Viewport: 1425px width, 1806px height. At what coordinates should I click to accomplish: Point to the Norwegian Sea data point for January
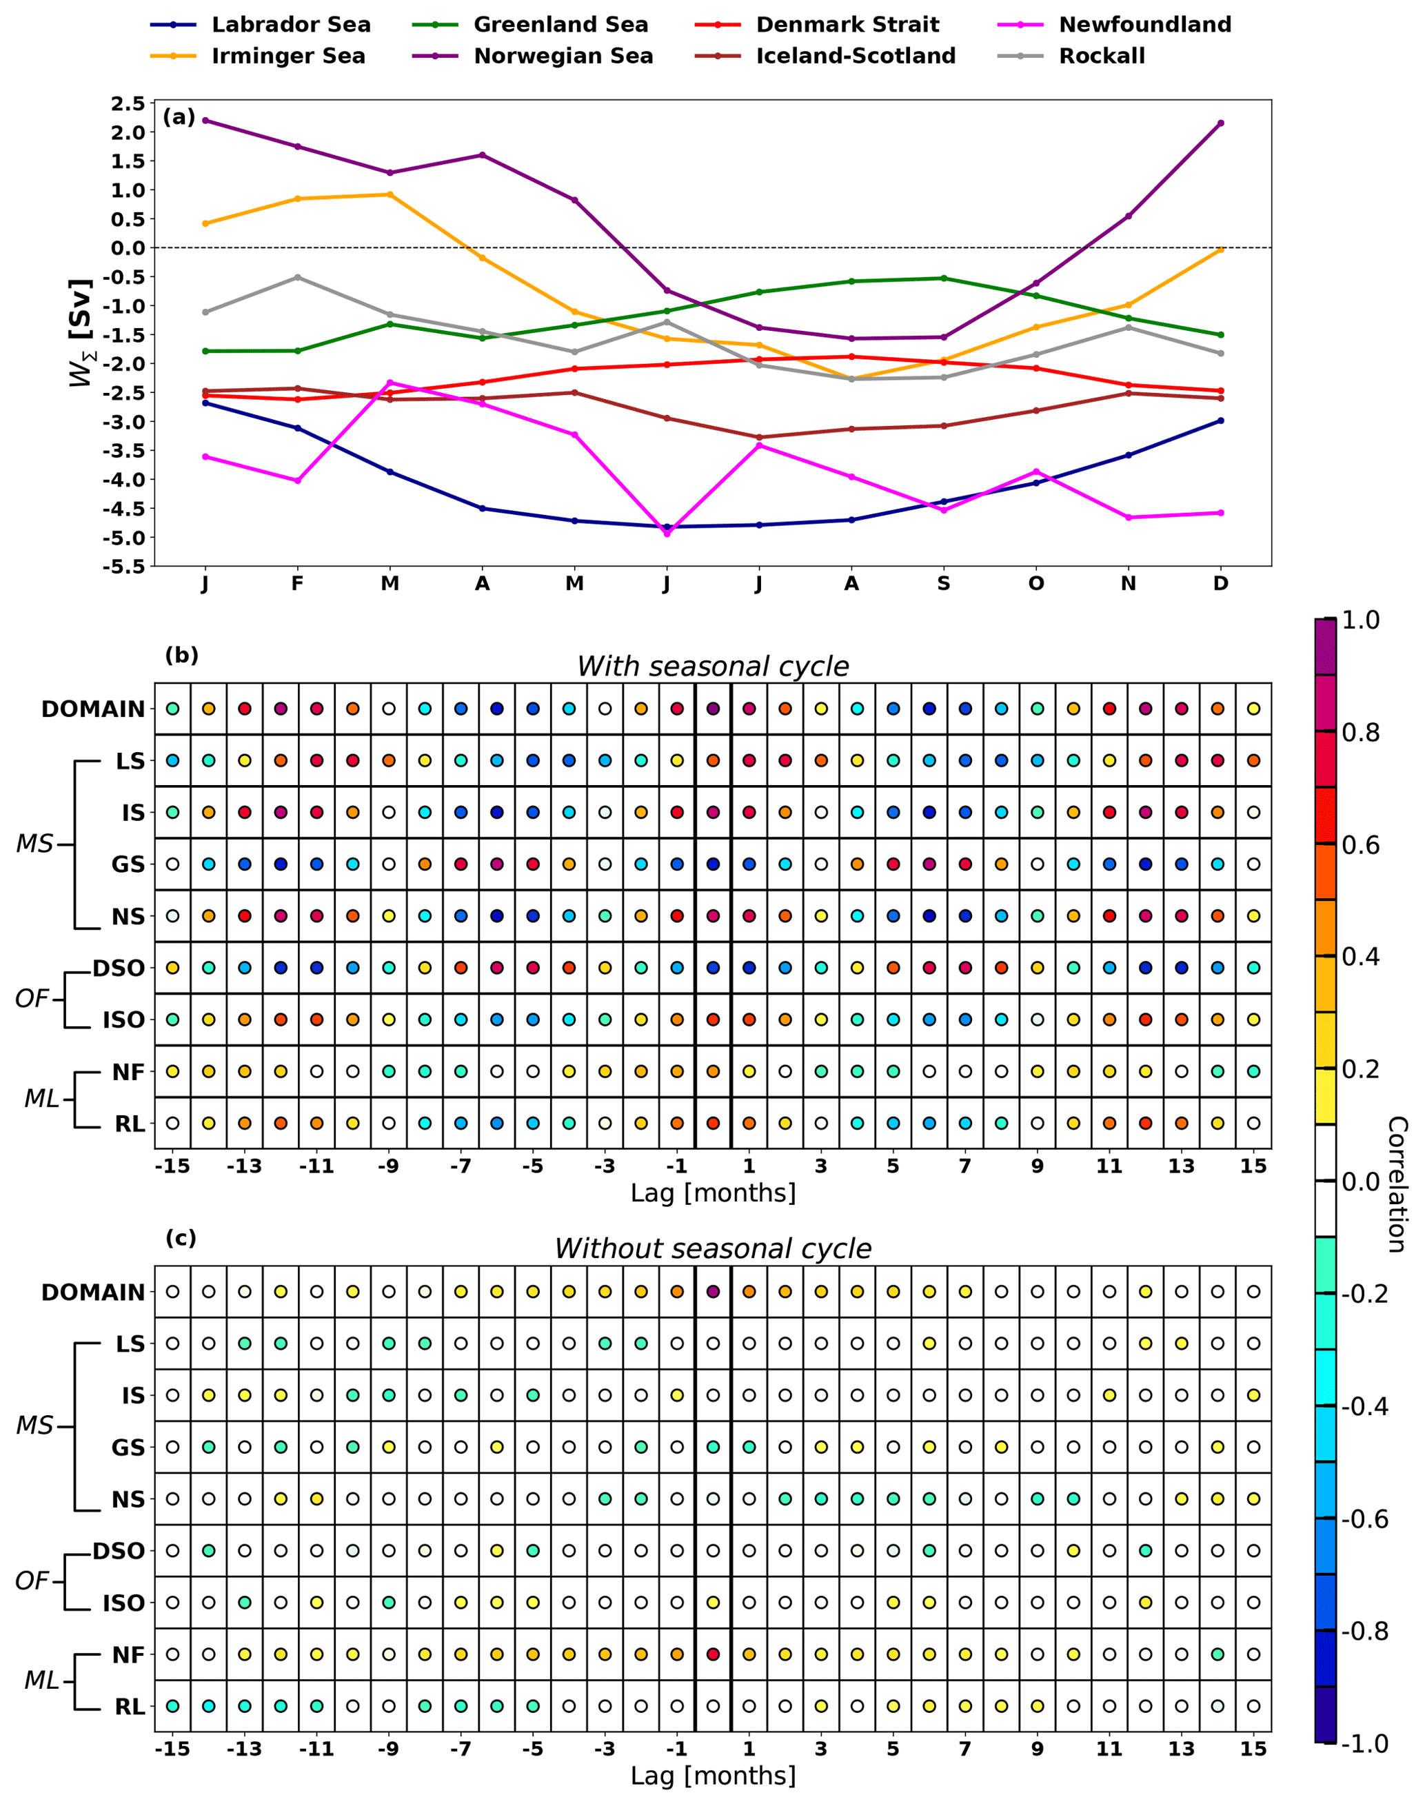tap(205, 120)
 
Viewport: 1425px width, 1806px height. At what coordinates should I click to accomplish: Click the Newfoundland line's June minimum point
tap(667, 533)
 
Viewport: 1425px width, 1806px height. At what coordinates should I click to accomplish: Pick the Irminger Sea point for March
tap(390, 194)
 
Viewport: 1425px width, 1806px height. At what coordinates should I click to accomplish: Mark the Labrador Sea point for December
tap(1221, 420)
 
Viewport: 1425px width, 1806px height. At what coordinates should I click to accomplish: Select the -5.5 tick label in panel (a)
tap(123, 567)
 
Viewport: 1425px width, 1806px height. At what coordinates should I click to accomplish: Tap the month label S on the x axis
tap(944, 584)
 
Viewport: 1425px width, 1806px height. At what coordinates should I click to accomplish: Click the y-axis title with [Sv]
tap(81, 334)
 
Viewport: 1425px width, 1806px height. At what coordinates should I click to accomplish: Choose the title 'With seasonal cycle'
tap(713, 667)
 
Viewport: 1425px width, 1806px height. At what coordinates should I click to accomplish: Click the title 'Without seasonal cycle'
tap(713, 1249)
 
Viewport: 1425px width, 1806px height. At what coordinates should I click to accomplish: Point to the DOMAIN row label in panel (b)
tap(94, 709)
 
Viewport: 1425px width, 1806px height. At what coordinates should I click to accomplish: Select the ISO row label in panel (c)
tap(123, 1603)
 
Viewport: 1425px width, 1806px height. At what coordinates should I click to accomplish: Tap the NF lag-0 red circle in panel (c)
tap(713, 1654)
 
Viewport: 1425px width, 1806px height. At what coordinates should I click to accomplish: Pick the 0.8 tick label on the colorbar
tap(1360, 733)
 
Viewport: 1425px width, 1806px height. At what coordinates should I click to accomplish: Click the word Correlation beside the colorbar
tap(1397, 1184)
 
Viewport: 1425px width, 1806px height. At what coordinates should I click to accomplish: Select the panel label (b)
tap(182, 655)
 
